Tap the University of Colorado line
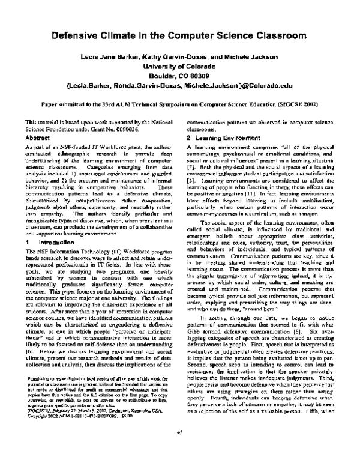point(179,67)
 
